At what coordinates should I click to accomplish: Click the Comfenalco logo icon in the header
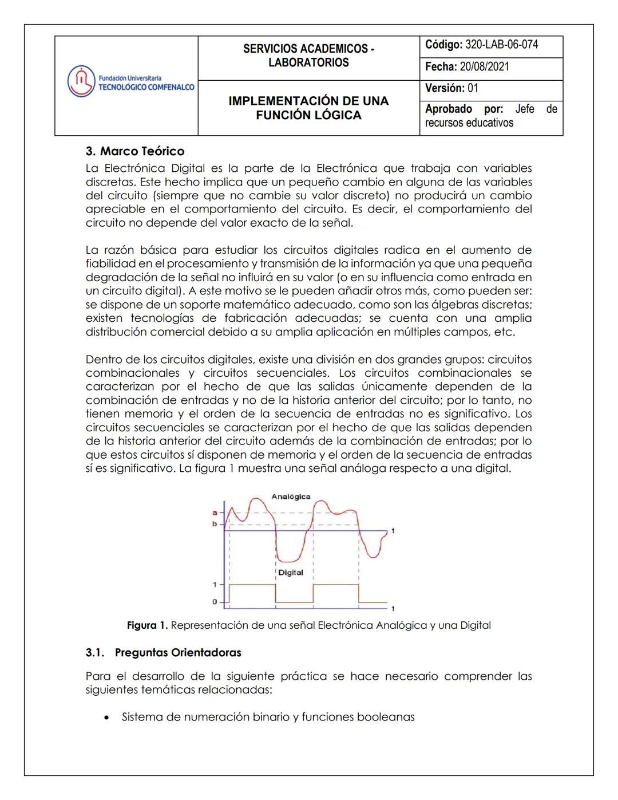[81, 81]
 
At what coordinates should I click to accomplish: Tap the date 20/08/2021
[484, 66]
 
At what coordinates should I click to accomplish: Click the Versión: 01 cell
[451, 88]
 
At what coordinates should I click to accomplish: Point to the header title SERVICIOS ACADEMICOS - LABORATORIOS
[308, 56]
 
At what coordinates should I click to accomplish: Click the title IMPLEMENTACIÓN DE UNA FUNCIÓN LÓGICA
[308, 108]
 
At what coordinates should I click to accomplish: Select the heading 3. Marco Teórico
[135, 151]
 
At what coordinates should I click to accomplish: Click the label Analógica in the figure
[291, 496]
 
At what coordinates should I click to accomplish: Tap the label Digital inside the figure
[291, 573]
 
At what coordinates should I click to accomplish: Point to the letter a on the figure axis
[215, 513]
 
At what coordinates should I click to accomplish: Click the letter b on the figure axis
[215, 524]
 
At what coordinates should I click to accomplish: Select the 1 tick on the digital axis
[215, 585]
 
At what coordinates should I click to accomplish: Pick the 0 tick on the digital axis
[215, 602]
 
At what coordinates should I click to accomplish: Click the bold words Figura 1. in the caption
[147, 625]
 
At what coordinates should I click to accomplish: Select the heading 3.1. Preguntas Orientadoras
[164, 653]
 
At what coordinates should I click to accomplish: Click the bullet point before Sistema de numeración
[106, 718]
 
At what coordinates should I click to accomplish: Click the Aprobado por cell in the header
[491, 116]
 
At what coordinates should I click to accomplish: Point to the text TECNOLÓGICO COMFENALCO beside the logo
[146, 87]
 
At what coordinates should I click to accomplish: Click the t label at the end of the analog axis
[393, 531]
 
